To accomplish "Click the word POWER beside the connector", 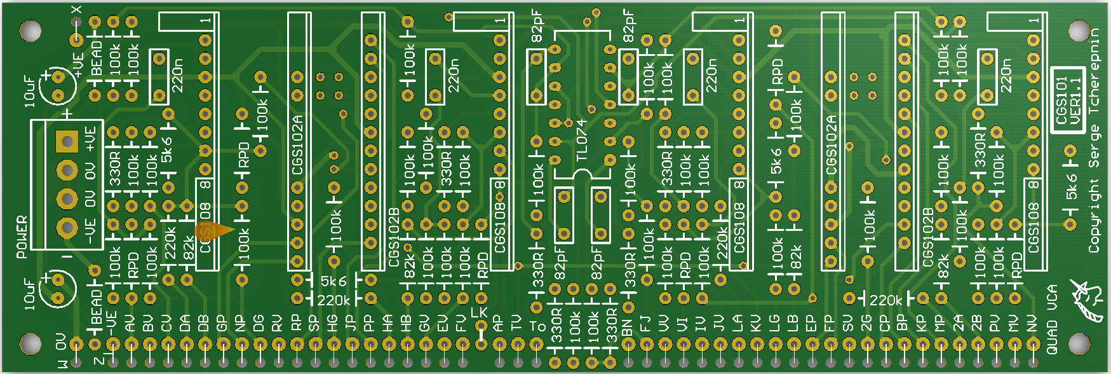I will (22, 237).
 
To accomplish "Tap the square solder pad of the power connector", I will (67, 141).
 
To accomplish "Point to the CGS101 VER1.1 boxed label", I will (1068, 100).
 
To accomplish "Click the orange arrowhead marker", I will (217, 232).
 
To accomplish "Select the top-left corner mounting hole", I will (30, 30).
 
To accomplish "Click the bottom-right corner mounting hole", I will (1079, 343).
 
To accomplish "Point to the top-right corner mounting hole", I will (1079, 30).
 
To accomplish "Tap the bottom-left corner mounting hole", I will (30, 343).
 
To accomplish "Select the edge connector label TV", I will (516, 324).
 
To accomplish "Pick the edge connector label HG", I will (332, 324).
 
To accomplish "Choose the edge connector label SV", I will (848, 324).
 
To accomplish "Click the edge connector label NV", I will (1032, 324).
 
